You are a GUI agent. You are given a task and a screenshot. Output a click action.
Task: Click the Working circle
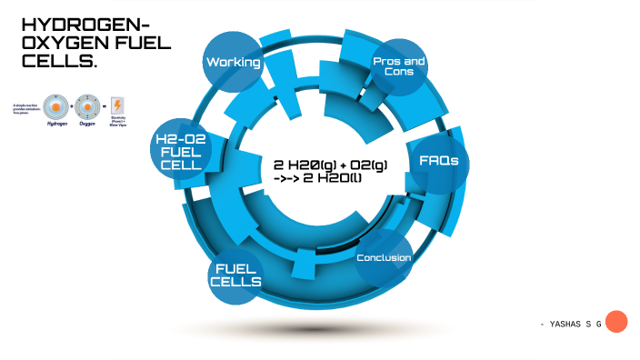[x=234, y=63]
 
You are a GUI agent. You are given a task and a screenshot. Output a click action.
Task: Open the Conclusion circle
[x=383, y=258]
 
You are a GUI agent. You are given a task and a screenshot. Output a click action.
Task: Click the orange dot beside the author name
[x=616, y=322]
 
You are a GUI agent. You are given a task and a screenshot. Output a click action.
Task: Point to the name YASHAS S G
[x=571, y=324]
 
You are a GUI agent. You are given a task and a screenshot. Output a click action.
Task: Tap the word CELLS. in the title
[x=58, y=62]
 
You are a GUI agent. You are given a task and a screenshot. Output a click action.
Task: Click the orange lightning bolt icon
[x=117, y=105]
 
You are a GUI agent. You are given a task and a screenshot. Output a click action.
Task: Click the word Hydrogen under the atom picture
[x=56, y=125]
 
